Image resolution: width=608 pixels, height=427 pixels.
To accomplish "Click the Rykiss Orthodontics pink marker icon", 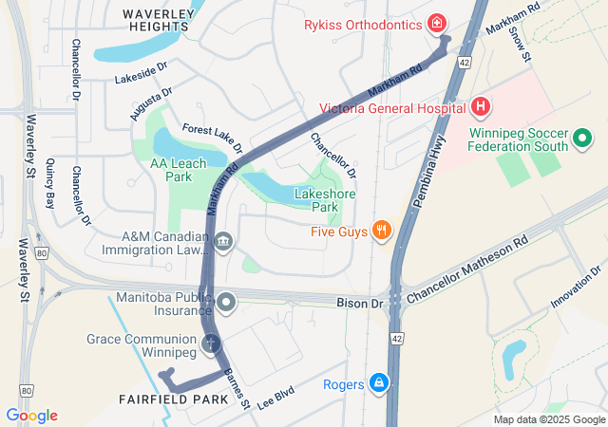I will click(x=436, y=23).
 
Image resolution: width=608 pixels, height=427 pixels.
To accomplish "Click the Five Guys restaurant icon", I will click(x=381, y=230).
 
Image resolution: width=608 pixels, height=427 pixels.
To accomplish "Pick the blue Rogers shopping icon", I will click(x=379, y=382).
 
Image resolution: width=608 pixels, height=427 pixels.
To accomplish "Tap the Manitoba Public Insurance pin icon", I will click(x=226, y=304).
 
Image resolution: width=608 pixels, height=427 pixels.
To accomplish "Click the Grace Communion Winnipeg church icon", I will click(x=211, y=343).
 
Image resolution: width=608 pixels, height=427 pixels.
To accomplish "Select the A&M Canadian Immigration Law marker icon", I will click(x=223, y=243).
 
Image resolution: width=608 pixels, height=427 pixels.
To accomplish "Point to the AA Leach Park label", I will click(x=178, y=170).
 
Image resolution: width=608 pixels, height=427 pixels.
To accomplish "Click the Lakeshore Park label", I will click(x=317, y=200).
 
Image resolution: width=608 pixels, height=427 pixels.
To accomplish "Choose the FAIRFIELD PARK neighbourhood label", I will click(x=174, y=399).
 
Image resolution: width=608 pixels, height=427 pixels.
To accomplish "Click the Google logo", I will click(x=31, y=416).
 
